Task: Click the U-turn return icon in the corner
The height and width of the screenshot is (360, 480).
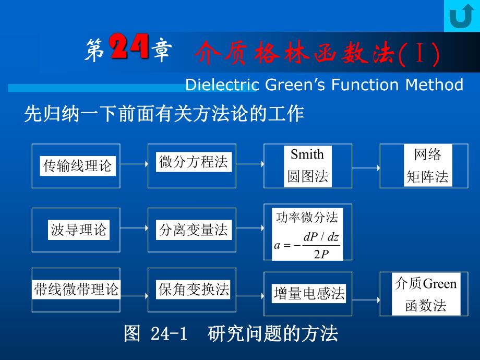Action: tap(461, 16)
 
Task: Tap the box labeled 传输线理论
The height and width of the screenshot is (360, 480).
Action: tap(76, 166)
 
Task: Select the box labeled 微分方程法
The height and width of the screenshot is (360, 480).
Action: tap(193, 162)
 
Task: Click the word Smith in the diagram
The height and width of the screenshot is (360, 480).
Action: tap(307, 154)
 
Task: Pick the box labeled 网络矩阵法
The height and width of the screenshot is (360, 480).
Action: tap(427, 166)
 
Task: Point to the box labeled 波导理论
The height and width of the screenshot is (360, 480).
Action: tap(77, 230)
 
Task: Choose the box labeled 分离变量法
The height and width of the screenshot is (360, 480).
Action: tap(193, 230)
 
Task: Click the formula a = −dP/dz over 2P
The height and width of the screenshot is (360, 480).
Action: tap(307, 245)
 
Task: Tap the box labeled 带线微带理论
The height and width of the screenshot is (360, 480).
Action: tap(76, 290)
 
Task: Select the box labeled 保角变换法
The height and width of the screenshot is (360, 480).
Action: tap(193, 290)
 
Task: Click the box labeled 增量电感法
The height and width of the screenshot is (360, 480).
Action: tap(308, 294)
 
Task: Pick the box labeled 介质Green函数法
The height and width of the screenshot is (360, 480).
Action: tap(426, 294)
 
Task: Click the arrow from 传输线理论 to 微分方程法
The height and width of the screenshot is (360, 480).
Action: tap(134, 164)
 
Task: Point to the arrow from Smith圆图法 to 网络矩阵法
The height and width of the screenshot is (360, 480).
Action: tap(366, 167)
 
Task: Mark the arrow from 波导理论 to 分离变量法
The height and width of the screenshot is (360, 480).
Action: tap(134, 229)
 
